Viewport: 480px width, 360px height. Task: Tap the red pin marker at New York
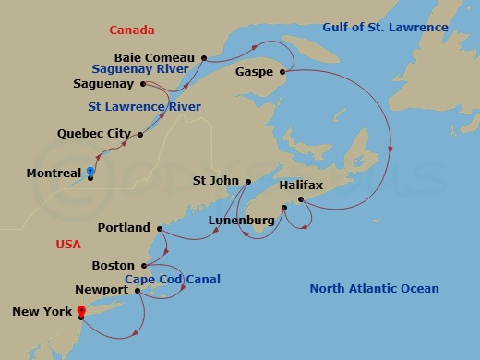click(81, 311)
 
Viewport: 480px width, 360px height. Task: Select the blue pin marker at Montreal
click(90, 171)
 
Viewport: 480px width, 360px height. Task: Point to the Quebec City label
click(94, 134)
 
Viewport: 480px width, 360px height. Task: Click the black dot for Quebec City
click(140, 135)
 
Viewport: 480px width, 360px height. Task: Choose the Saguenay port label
click(105, 84)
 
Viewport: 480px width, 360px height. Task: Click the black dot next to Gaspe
click(282, 71)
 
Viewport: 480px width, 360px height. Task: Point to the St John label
click(217, 181)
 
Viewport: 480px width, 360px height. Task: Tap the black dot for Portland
click(160, 228)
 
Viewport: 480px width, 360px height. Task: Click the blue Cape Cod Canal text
click(173, 280)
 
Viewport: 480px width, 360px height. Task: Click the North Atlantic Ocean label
click(374, 289)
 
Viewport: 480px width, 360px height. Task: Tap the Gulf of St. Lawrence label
click(385, 28)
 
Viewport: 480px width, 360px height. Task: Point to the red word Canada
click(131, 30)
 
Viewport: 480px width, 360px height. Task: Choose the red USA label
click(68, 245)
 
